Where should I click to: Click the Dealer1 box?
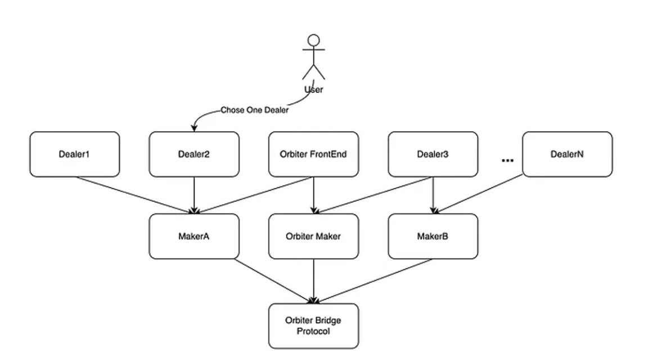[74, 154]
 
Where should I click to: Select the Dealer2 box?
[194, 154]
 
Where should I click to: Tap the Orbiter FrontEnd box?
[313, 154]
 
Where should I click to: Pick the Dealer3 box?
[433, 154]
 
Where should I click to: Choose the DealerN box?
[567, 154]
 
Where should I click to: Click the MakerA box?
[194, 236]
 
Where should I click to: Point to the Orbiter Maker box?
[313, 236]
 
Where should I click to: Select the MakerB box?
[433, 236]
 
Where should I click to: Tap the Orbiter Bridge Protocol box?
[313, 326]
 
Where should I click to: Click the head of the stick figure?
[314, 40]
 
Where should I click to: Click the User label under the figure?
[314, 89]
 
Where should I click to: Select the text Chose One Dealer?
[254, 110]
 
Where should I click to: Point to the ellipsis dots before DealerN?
[507, 160]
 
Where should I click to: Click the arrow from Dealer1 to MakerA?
[135, 195]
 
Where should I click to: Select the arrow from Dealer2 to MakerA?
[194, 195]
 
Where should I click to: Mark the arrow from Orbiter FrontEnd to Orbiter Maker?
[313, 195]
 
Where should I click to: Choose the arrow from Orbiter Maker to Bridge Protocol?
[313, 280]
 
